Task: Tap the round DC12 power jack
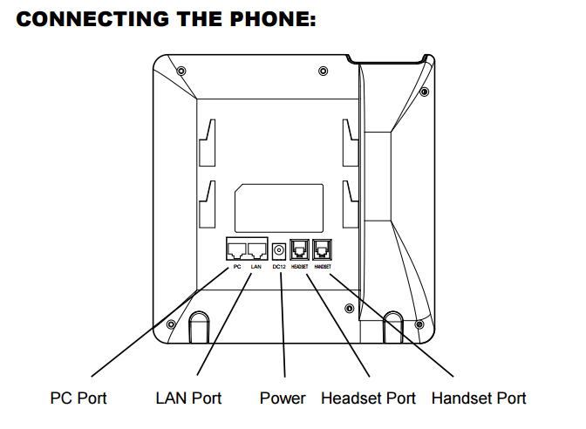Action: coord(279,249)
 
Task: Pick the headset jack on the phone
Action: coord(299,249)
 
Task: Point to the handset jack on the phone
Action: coord(321,249)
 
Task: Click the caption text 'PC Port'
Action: coord(78,398)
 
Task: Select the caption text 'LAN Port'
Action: coord(188,398)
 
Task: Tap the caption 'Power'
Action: coord(283,398)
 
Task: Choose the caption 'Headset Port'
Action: coord(368,398)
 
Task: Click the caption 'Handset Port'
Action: coord(479,398)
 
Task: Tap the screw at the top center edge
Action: coord(323,70)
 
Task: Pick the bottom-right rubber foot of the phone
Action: coord(392,325)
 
